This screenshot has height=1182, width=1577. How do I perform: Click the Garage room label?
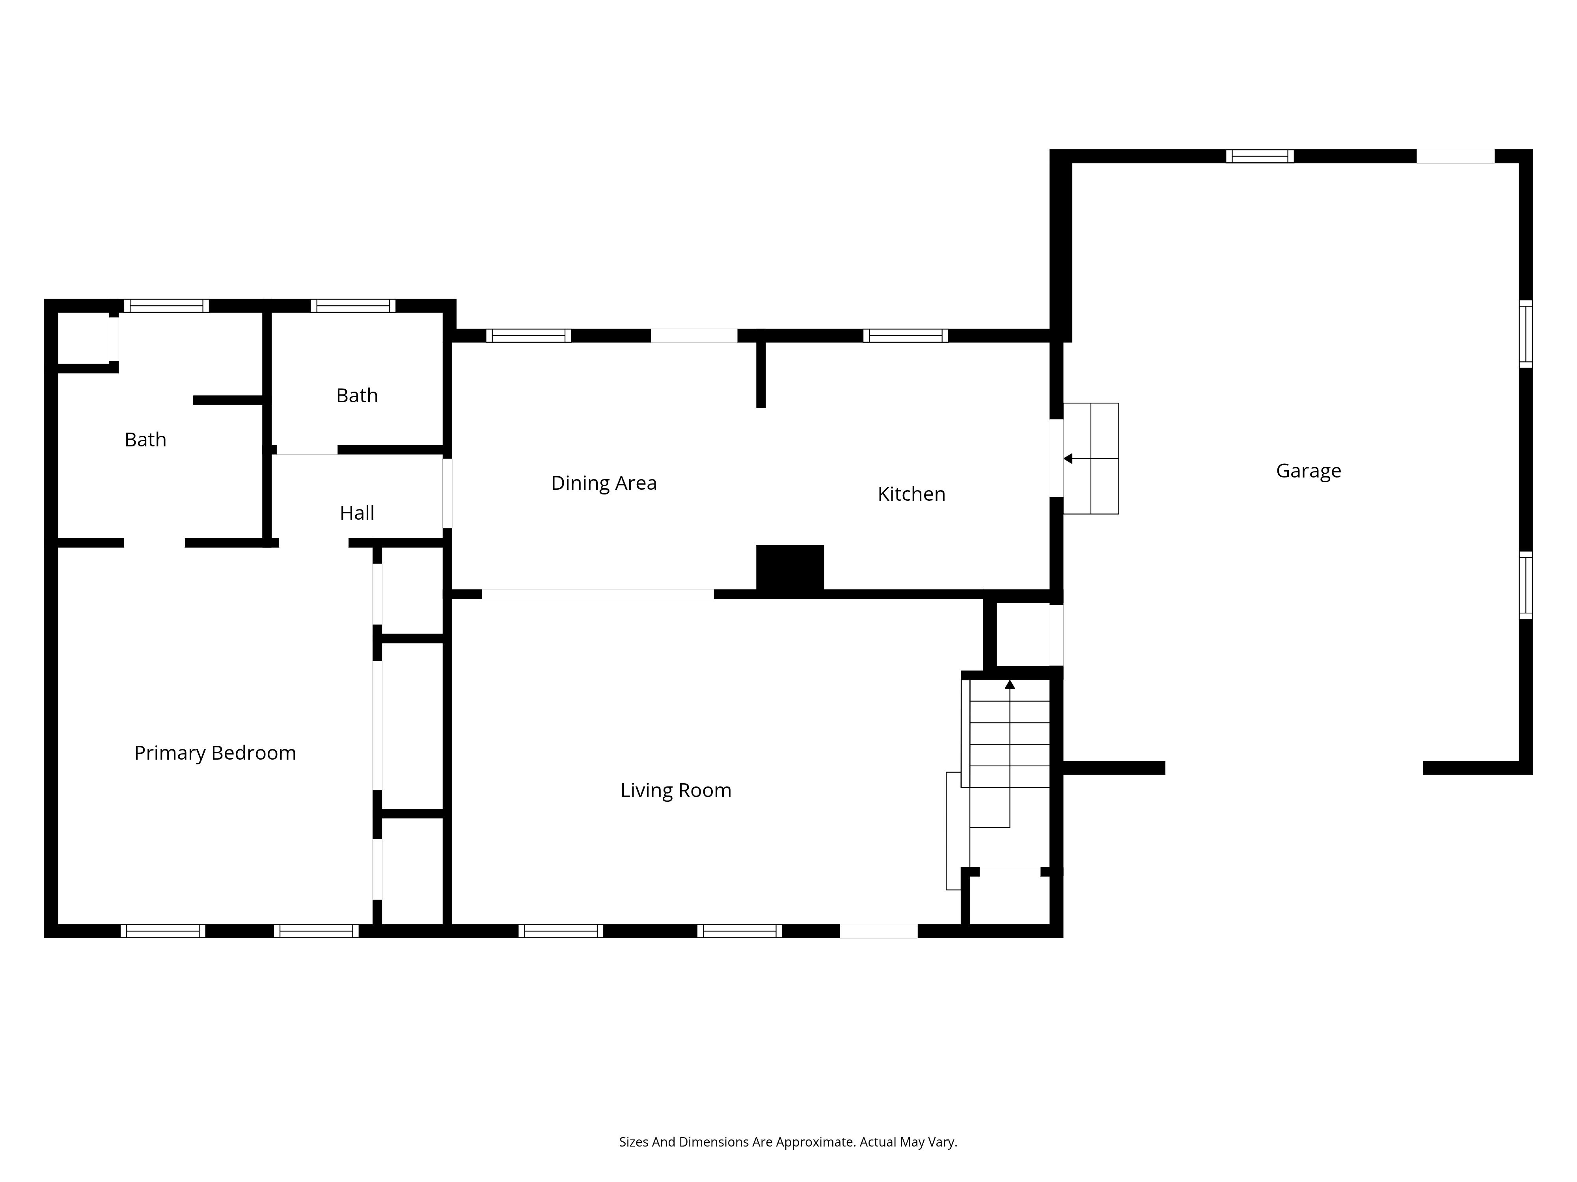(x=1308, y=471)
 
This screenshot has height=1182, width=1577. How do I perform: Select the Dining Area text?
(x=604, y=483)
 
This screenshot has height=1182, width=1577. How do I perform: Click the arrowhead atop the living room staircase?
(x=1010, y=685)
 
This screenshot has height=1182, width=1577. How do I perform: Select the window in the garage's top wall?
(x=1260, y=156)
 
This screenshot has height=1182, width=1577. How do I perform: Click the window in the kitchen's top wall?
(x=906, y=336)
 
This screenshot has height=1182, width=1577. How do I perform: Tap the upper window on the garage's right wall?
(x=1526, y=334)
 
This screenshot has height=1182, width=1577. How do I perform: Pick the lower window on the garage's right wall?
(x=1526, y=585)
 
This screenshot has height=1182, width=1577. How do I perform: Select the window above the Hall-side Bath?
(x=353, y=306)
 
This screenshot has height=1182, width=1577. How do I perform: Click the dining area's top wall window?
(x=528, y=336)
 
